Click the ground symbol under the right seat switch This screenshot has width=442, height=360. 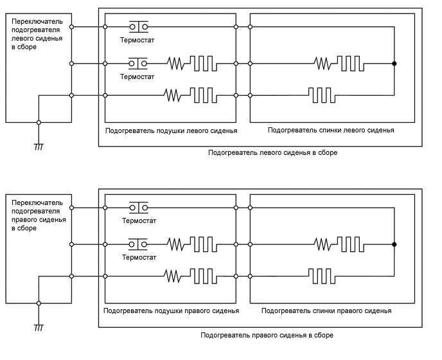[x=39, y=327]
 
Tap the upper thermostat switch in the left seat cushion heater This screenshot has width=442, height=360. [x=138, y=26]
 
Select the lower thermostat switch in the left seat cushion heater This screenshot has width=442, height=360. [x=138, y=63]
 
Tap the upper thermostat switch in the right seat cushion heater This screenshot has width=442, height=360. [x=138, y=207]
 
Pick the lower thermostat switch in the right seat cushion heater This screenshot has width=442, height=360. [x=138, y=244]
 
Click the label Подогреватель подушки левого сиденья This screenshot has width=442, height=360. [x=170, y=130]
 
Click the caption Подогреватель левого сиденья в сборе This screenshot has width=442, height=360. [x=272, y=153]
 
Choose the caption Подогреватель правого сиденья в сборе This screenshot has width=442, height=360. [x=267, y=335]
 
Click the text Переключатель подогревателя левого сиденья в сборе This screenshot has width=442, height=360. [x=37, y=33]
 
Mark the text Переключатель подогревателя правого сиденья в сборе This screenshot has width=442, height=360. [x=37, y=215]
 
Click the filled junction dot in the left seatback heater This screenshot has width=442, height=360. [x=394, y=63]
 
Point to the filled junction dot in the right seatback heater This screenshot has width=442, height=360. [x=394, y=244]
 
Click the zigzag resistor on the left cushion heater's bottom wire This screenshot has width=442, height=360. [x=174, y=95]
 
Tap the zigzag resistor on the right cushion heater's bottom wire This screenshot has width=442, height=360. [x=174, y=275]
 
